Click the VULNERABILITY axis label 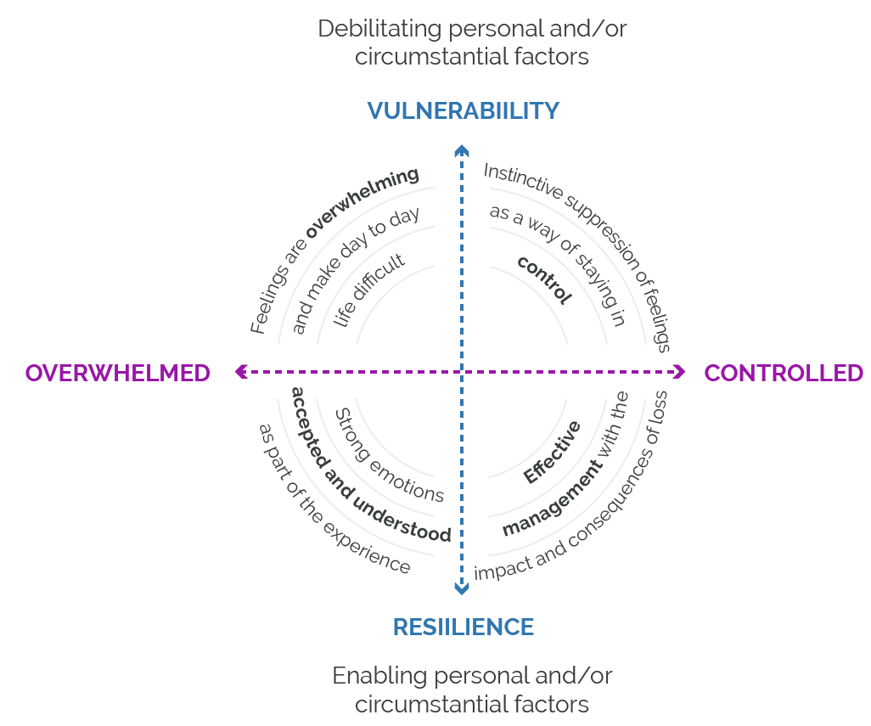[463, 110]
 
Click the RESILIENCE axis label [463, 627]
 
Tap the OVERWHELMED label [117, 373]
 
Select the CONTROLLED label [783, 373]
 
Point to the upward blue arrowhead [461, 150]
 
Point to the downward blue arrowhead [461, 588]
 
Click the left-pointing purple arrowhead [240, 371]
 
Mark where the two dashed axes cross [461, 371]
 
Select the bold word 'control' [544, 279]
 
